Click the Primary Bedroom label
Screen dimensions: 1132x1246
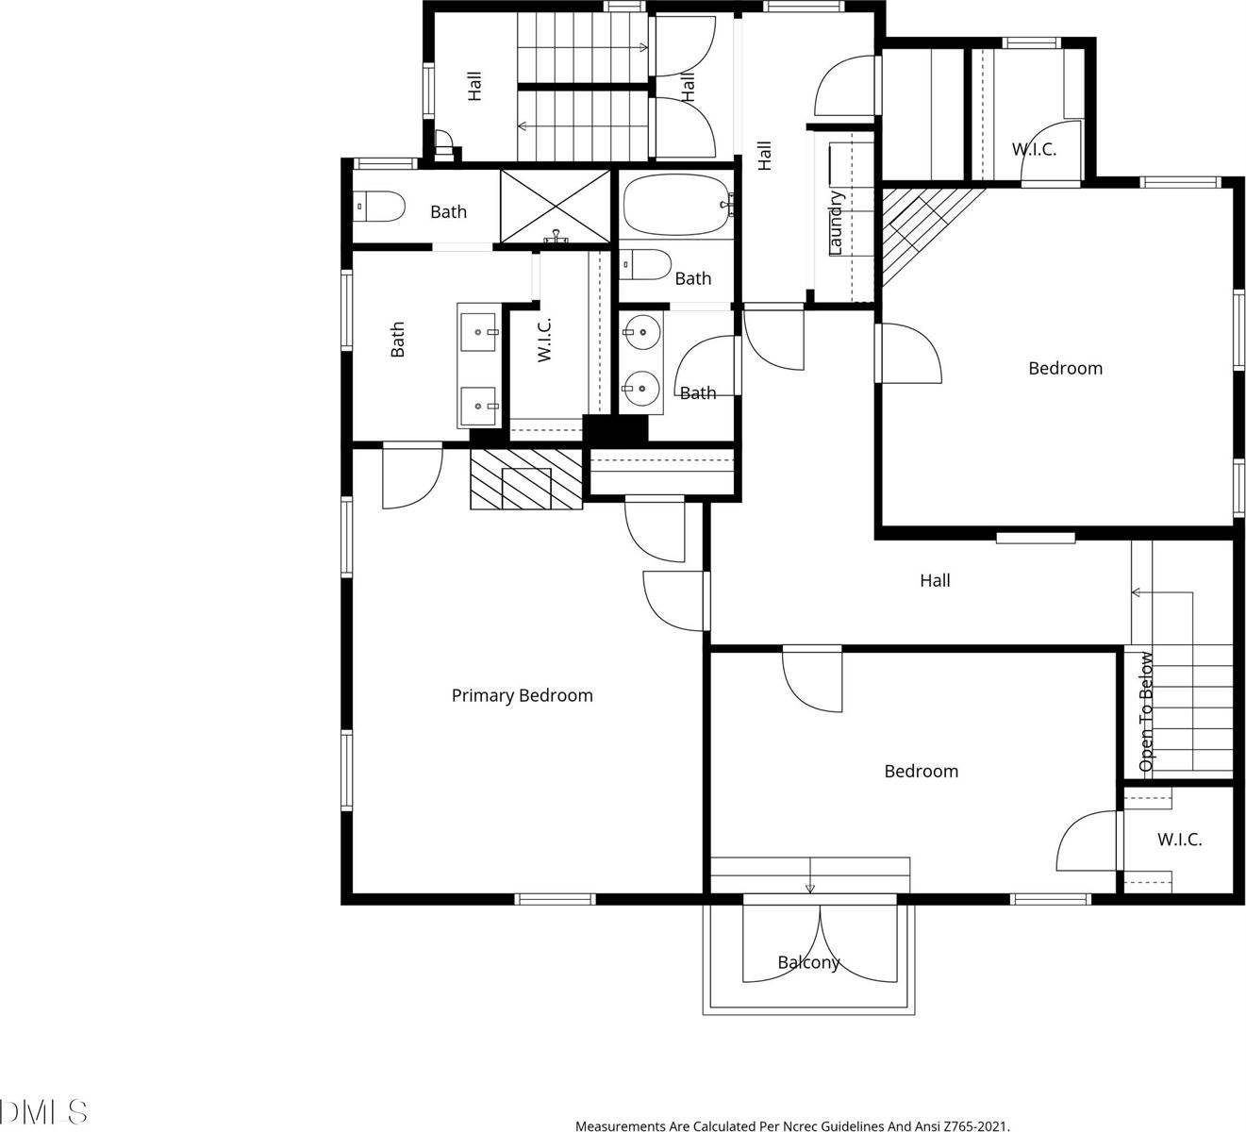pos(522,695)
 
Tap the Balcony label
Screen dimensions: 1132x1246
pos(808,963)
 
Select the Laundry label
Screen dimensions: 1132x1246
pos(835,224)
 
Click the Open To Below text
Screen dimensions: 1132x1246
pos(1146,712)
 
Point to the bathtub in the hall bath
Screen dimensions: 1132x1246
pos(675,205)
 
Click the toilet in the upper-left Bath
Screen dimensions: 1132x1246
pos(379,207)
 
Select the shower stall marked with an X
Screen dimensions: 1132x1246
pos(555,205)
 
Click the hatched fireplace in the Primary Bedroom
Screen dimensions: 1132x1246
pos(526,479)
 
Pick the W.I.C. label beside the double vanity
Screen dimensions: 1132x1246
pos(544,340)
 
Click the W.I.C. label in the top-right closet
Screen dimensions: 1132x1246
pos(1034,149)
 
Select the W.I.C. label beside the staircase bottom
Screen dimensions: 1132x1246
pos(1179,840)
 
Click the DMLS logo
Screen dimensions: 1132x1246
pos(44,1112)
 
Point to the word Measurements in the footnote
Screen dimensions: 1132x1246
pos(622,1125)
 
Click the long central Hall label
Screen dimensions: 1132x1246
pos(935,581)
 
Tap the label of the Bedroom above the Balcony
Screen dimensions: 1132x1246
pos(921,771)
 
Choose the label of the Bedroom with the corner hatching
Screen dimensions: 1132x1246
pos(1065,368)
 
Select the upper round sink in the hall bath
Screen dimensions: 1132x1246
pos(641,331)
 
